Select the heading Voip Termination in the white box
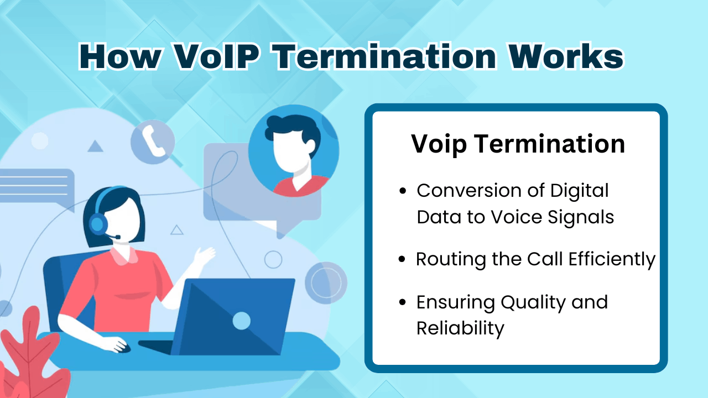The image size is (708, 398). [518, 144]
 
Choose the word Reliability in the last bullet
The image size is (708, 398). [460, 328]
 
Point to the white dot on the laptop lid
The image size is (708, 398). [242, 320]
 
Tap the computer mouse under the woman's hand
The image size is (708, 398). [123, 348]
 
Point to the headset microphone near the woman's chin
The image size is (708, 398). [117, 237]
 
